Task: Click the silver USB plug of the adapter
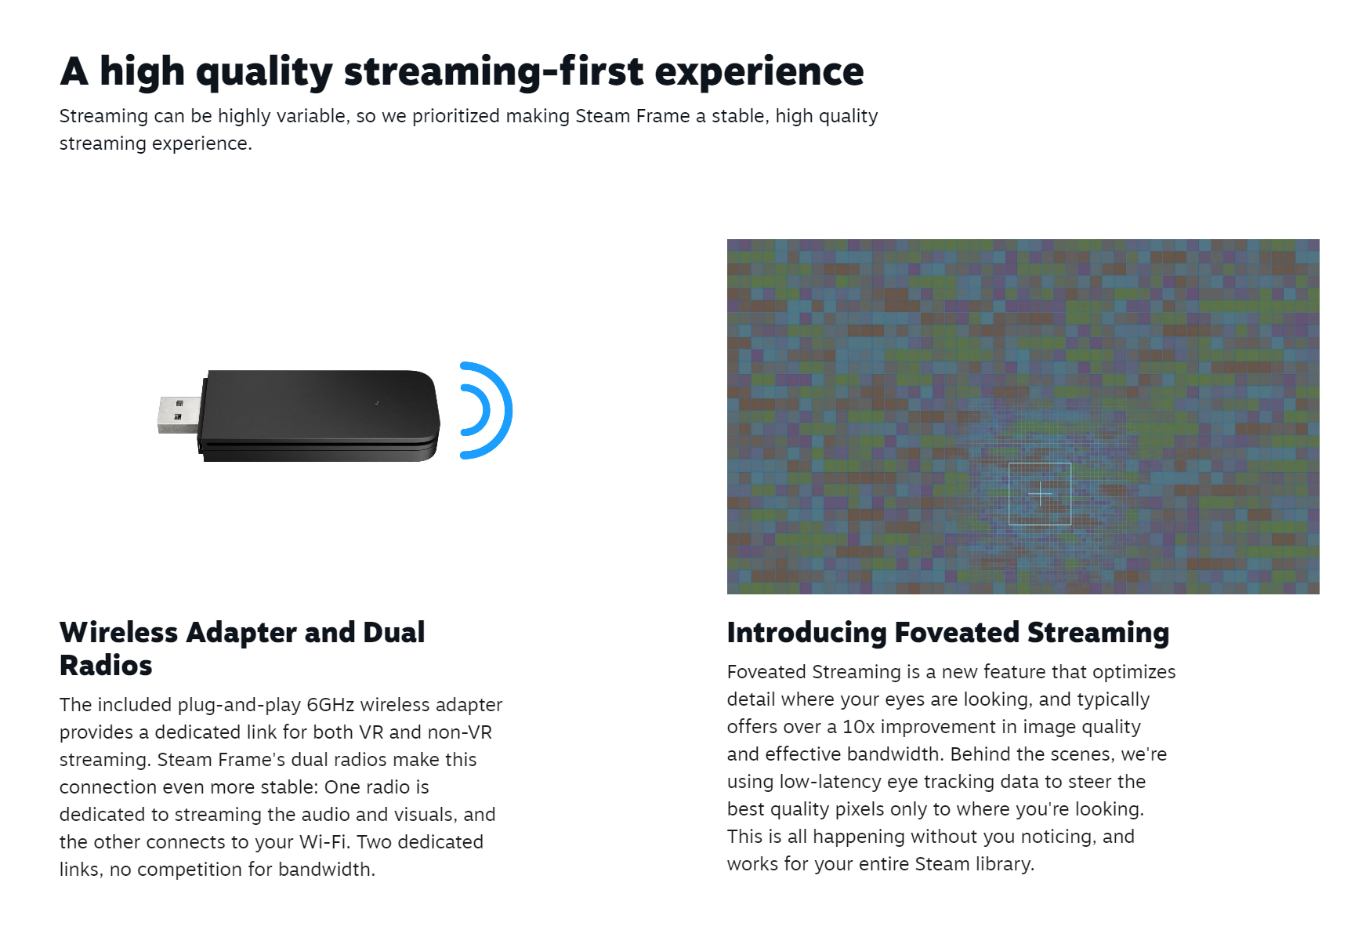point(179,414)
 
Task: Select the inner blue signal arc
point(485,410)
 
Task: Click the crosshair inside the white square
point(1040,494)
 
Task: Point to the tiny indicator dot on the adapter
point(377,403)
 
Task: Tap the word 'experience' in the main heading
point(759,73)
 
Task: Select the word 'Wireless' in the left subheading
point(119,632)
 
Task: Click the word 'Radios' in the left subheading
point(106,665)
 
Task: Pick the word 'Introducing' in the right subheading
point(806,633)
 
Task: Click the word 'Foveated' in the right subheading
point(957,632)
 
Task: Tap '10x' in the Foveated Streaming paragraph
point(858,726)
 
